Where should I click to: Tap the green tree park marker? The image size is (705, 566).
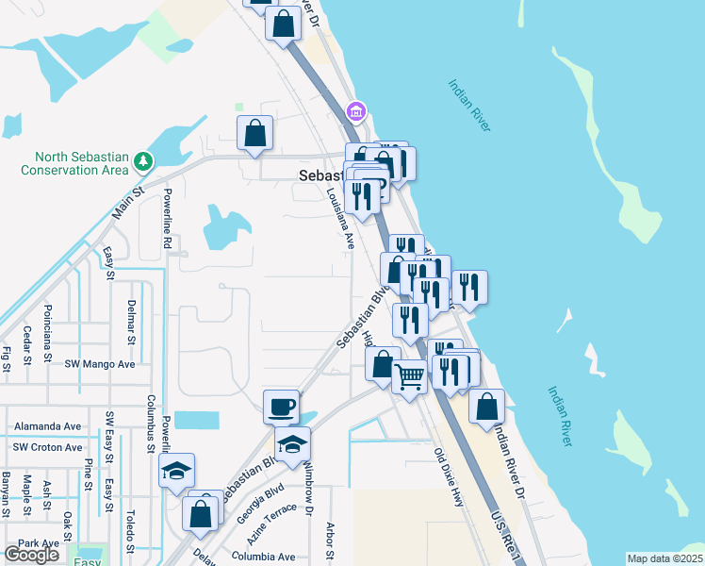[142, 162]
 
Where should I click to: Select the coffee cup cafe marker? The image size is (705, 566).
[281, 408]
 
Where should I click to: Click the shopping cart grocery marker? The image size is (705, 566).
[409, 377]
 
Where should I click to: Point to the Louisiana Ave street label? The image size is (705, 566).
[338, 218]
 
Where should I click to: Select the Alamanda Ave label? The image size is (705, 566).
[48, 426]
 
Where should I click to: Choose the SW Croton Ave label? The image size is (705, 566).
[48, 449]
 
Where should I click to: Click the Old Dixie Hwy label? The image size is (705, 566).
[450, 477]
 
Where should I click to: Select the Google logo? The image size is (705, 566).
[31, 555]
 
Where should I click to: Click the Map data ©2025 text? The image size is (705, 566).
[664, 558]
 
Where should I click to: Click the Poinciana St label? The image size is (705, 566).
[48, 333]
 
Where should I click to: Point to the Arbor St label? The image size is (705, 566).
[330, 541]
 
